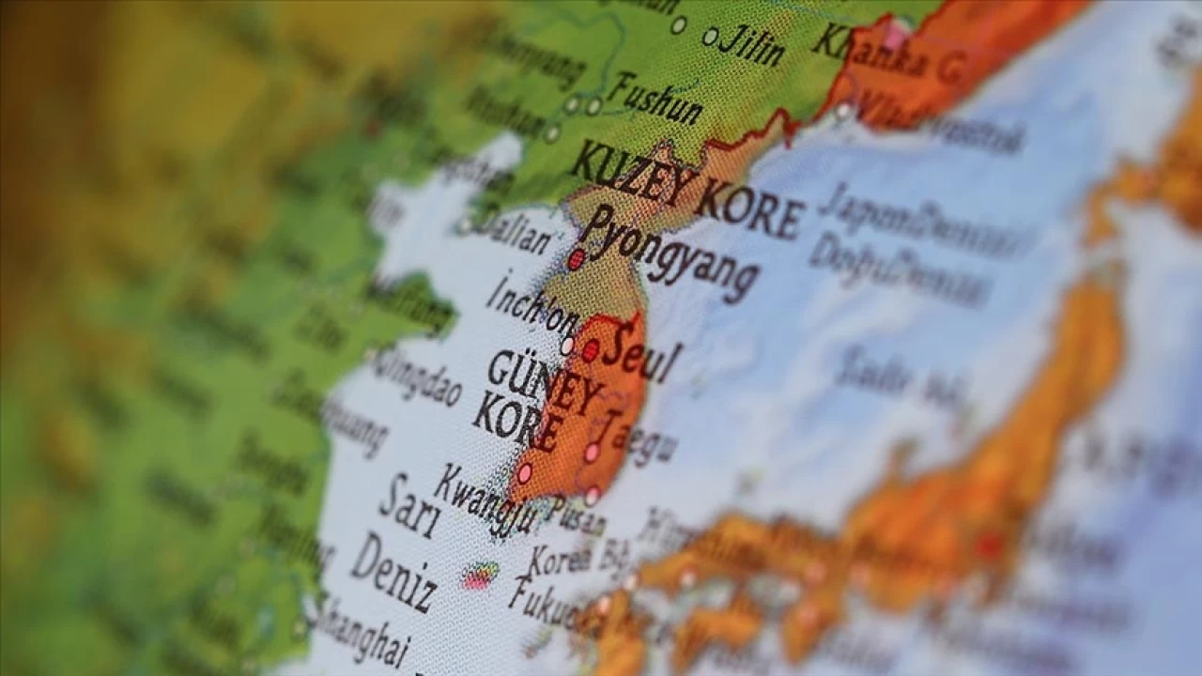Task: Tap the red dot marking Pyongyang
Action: [576, 260]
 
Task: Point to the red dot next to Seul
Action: [590, 351]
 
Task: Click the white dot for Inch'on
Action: [567, 346]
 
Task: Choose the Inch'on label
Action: [532, 306]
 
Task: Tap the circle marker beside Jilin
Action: [710, 37]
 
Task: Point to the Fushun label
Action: [654, 99]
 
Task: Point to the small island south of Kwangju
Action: [480, 576]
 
